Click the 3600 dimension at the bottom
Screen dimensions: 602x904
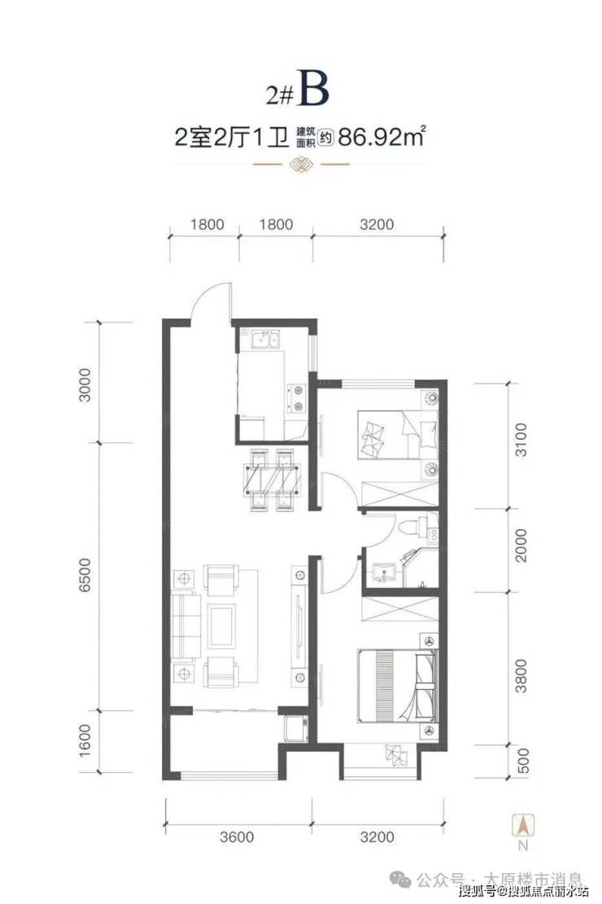(x=237, y=836)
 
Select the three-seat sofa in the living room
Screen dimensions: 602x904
(x=186, y=627)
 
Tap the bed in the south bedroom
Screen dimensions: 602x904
(x=397, y=686)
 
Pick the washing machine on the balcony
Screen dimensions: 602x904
(x=294, y=728)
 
